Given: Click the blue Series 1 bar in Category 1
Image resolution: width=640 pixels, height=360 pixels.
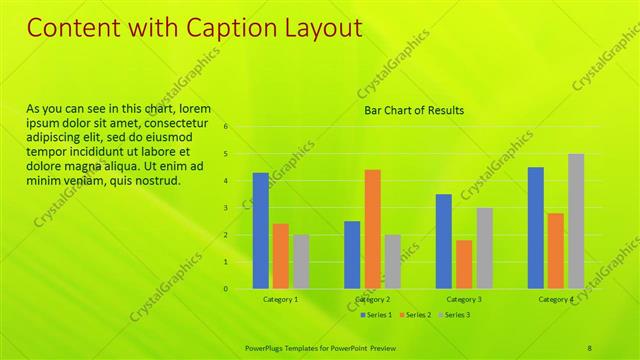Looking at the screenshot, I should coord(260,230).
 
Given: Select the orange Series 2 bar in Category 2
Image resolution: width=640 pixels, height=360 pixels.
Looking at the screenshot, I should coord(372,228).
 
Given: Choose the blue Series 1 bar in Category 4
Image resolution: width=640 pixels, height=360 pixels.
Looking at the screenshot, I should coord(535,227).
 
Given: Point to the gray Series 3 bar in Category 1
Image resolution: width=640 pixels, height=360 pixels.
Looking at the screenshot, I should coord(301,261).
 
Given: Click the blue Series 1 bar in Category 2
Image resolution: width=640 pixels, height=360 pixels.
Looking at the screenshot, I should coord(352,254).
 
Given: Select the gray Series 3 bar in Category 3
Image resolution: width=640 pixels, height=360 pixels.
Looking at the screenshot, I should coord(484,248).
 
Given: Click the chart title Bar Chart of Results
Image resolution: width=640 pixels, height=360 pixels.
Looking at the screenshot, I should coord(413,111).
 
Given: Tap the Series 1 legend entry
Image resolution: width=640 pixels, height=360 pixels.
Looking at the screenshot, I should coord(375,315).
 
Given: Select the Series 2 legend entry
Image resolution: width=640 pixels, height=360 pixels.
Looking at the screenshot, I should coord(414,315).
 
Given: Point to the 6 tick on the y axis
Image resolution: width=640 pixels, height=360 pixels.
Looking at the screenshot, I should coord(227,127).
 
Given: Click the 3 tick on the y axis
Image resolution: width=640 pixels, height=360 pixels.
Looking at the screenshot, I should coord(227,208).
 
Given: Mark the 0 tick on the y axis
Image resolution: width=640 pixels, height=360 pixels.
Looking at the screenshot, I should coord(227,289).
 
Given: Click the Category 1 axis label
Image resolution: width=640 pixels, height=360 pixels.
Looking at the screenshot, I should coord(281,300).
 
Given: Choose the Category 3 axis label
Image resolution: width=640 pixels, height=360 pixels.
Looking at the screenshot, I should coord(464,300).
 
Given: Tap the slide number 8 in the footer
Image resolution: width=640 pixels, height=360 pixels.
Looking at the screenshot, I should coord(590,347).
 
